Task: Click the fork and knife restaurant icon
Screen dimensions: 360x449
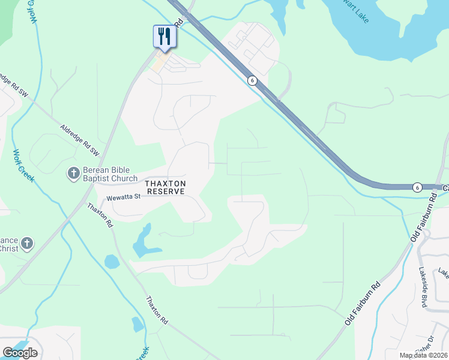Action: point(163,37)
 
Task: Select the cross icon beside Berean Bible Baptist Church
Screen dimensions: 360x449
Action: point(73,174)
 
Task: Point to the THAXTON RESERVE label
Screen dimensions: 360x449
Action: point(165,187)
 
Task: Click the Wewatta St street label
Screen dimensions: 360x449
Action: point(123,197)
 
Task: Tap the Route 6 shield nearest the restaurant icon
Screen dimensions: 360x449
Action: point(252,80)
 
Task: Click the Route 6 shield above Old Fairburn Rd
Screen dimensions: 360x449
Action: point(417,188)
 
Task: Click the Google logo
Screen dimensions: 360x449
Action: point(20,353)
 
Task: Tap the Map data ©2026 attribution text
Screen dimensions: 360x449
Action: point(424,355)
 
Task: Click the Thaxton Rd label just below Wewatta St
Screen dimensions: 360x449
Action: point(100,215)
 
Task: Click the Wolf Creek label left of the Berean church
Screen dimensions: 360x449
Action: point(24,166)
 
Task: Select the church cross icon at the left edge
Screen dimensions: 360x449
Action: point(26,244)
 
